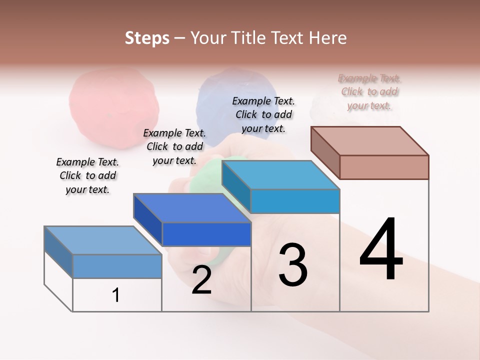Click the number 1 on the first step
[116, 295]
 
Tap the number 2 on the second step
[201, 280]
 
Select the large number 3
[293, 265]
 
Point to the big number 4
[381, 250]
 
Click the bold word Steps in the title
[147, 38]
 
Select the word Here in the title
[328, 38]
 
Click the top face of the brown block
[370, 140]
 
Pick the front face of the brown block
[384, 167]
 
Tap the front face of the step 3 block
[295, 201]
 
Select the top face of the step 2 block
[192, 207]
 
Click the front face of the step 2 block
[206, 234]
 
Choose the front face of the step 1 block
[117, 266]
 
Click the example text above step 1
[87, 175]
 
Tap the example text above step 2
[174, 146]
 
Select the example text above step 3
[263, 114]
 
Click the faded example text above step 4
[369, 92]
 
